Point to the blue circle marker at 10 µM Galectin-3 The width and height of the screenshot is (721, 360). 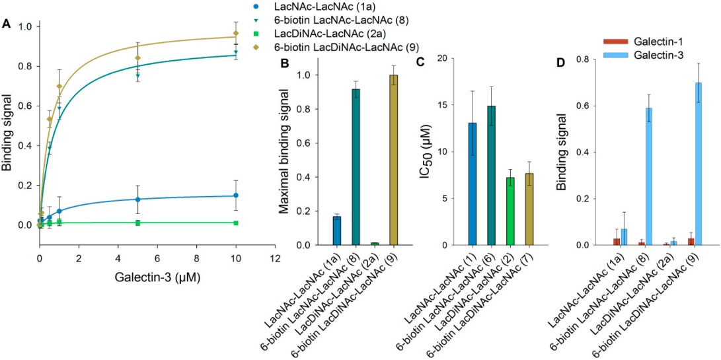pyautogui.click(x=235, y=196)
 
